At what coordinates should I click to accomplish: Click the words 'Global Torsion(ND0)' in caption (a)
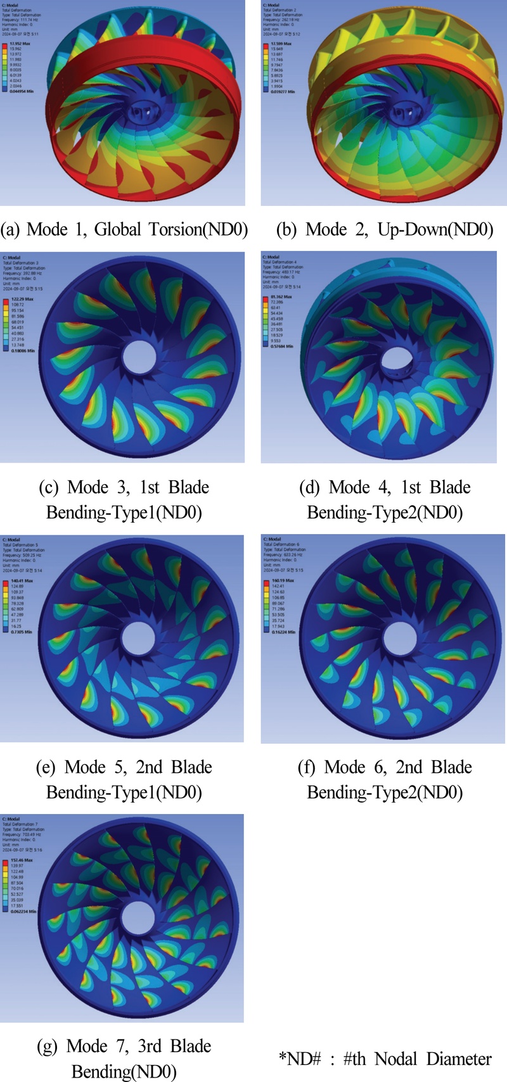point(171,229)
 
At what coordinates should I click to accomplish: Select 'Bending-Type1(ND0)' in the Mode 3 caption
point(124,512)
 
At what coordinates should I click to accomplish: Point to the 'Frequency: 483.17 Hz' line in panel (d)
point(281,272)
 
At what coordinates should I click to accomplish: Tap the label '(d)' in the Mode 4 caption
point(310,488)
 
